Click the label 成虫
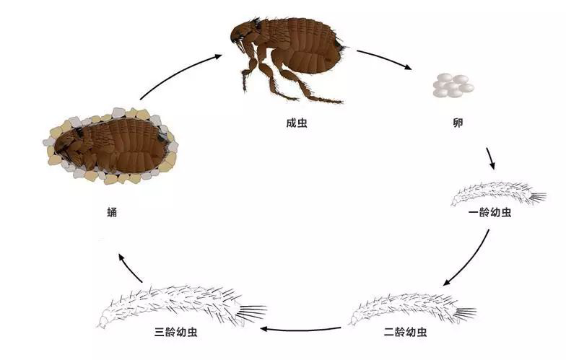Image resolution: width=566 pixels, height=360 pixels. click(x=296, y=123)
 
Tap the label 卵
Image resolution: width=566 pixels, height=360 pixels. click(x=458, y=123)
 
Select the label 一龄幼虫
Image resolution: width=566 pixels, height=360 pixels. click(x=489, y=212)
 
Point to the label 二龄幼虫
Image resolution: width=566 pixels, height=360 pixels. click(x=406, y=332)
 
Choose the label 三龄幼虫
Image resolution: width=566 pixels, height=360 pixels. click(x=176, y=332)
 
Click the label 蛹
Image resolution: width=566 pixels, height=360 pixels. click(x=112, y=212)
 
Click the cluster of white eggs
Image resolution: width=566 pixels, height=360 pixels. click(x=453, y=85)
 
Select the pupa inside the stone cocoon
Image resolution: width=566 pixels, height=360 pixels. click(x=110, y=146)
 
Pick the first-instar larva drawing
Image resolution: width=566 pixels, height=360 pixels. click(x=498, y=193)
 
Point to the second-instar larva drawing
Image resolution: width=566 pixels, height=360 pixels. click(x=412, y=309)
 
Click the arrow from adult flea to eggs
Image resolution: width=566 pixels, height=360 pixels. click(x=384, y=58)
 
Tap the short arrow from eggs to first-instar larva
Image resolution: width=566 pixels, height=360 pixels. click(x=491, y=159)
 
